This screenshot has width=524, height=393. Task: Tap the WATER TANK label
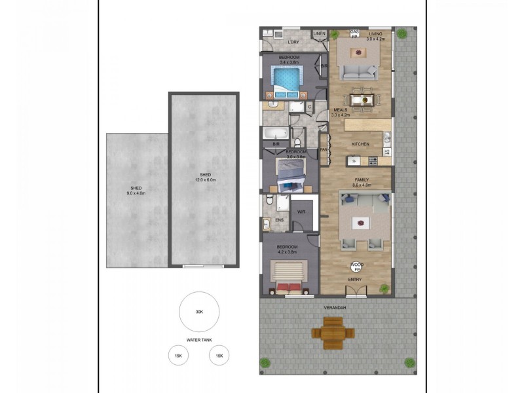click(199, 340)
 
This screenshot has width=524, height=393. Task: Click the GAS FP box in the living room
click(355, 33)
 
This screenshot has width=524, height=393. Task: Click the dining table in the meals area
click(362, 100)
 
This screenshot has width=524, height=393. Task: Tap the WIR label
click(301, 212)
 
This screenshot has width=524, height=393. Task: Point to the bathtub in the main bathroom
click(274, 134)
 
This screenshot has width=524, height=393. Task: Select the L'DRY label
click(293, 43)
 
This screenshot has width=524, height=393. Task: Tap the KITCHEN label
click(360, 144)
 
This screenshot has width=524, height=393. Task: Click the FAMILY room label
click(362, 180)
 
